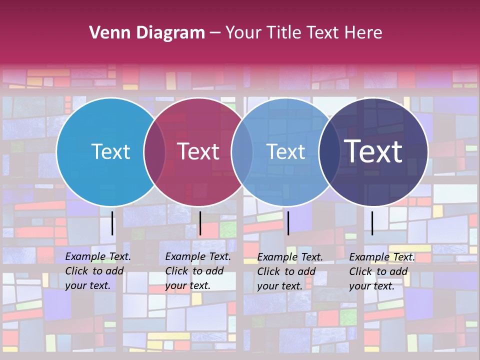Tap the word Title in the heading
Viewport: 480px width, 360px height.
click(x=284, y=33)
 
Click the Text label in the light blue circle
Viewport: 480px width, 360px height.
click(x=110, y=151)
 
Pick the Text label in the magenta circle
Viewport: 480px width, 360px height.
click(x=198, y=151)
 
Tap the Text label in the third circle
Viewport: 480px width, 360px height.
click(x=285, y=151)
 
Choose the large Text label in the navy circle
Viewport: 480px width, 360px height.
click(x=373, y=151)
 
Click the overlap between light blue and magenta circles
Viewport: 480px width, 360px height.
click(x=154, y=151)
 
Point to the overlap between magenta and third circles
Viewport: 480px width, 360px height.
click(x=242, y=151)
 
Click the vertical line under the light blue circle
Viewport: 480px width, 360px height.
click(x=112, y=223)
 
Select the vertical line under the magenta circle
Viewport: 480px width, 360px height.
click(x=200, y=223)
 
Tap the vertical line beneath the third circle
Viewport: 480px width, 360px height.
click(x=288, y=223)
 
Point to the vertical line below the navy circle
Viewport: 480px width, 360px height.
click(x=372, y=223)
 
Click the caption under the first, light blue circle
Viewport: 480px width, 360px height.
click(x=97, y=271)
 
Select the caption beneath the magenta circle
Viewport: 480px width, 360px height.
click(x=197, y=271)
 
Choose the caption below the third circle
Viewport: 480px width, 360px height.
click(x=289, y=271)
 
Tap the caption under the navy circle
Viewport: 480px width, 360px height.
click(x=381, y=271)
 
